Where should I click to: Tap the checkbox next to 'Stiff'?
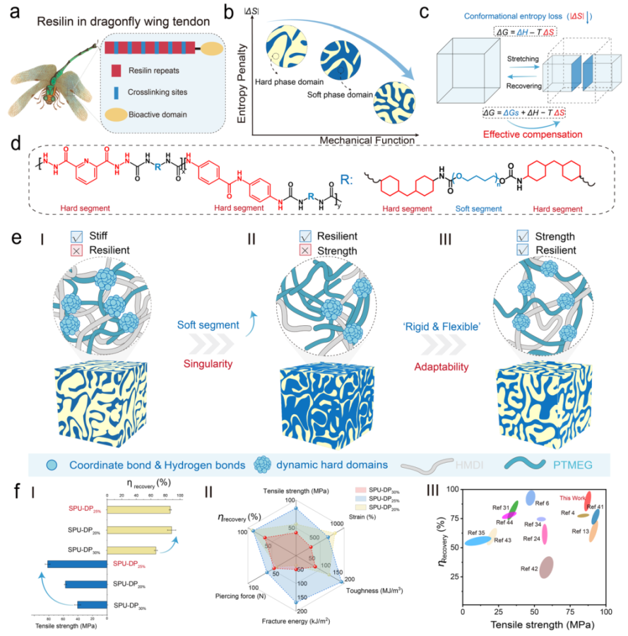[x=75, y=238]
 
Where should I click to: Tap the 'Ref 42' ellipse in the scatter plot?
[x=546, y=567]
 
